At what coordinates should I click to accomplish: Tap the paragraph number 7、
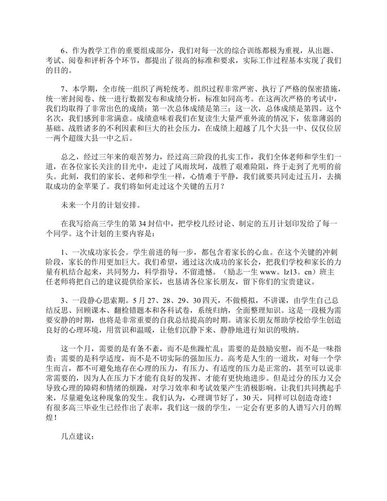coord(63,89)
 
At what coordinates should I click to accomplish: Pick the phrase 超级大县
coord(76,138)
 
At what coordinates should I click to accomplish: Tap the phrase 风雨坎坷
coord(192,167)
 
